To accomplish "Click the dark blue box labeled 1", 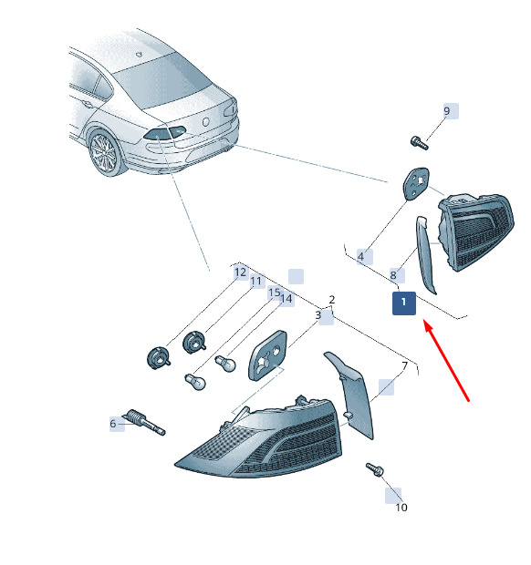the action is tap(404, 303).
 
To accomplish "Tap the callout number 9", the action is tap(446, 110).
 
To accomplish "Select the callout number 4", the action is tap(360, 257).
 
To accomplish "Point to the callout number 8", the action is tap(393, 275).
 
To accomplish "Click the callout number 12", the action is tap(240, 272).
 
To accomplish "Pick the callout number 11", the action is tap(256, 281).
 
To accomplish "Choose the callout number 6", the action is tap(113, 424).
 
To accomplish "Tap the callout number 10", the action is tap(401, 508).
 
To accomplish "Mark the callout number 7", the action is tap(404, 365).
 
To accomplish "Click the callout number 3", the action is tap(318, 315).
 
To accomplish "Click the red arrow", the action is tap(446, 360).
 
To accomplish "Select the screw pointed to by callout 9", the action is tap(420, 142).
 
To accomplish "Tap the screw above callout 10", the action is tap(375, 469).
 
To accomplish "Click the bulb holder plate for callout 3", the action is tap(267, 355).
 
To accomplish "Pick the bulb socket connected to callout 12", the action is tap(159, 358).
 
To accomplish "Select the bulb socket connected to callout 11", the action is tap(194, 343).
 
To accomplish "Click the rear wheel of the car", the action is tap(104, 154).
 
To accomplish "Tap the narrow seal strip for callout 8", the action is tap(426, 254).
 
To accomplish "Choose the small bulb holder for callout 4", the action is tap(416, 183).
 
